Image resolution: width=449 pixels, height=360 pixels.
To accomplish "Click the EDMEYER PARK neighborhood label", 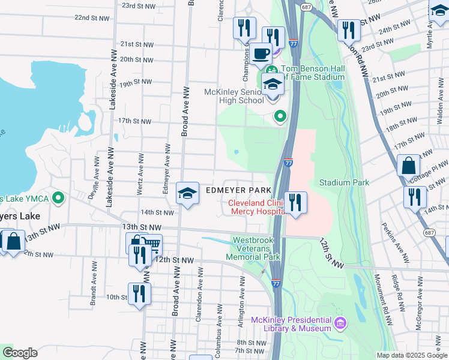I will click(x=235, y=190).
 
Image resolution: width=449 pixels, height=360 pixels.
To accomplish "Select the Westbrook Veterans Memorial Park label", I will click(x=253, y=248).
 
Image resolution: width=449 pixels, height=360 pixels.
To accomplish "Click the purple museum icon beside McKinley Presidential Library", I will click(x=340, y=323).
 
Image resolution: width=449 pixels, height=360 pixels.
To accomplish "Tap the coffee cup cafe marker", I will click(x=261, y=53).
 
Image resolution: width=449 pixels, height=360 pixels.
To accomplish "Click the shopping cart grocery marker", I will click(x=151, y=244).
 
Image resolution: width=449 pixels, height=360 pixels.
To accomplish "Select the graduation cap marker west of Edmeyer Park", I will click(x=188, y=193).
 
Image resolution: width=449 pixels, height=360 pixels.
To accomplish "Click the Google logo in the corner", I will click(x=19, y=353).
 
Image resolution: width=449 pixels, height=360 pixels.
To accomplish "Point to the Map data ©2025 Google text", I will click(x=411, y=355).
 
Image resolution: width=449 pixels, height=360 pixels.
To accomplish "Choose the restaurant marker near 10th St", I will click(x=139, y=293).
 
